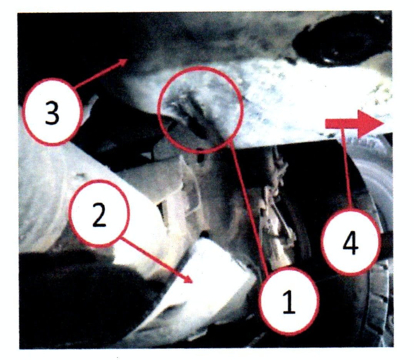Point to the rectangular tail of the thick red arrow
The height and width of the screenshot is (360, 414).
[x=341, y=124]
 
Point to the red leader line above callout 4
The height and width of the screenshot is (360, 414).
[x=347, y=169]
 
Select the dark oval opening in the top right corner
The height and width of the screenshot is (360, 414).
[x=341, y=45]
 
